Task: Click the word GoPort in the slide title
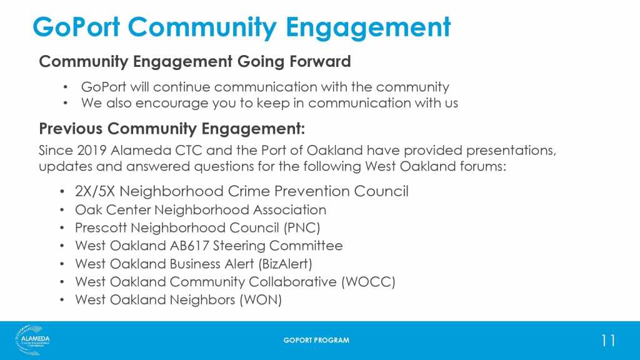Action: point(76,27)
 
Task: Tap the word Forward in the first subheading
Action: point(320,62)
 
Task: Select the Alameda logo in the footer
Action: point(32,340)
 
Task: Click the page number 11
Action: point(608,341)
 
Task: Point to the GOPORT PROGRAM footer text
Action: point(316,340)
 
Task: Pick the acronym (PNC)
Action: point(302,227)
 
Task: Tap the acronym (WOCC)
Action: point(368,282)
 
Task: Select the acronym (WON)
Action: point(261,299)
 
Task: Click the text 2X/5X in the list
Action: point(95,191)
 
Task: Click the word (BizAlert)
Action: point(285,264)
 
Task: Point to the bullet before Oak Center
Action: point(62,210)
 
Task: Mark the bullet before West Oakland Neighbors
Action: point(62,300)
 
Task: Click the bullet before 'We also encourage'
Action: point(65,103)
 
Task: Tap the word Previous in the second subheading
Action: point(71,129)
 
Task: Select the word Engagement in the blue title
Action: point(368,27)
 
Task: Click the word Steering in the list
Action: point(239,246)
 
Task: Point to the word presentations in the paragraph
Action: point(511,151)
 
